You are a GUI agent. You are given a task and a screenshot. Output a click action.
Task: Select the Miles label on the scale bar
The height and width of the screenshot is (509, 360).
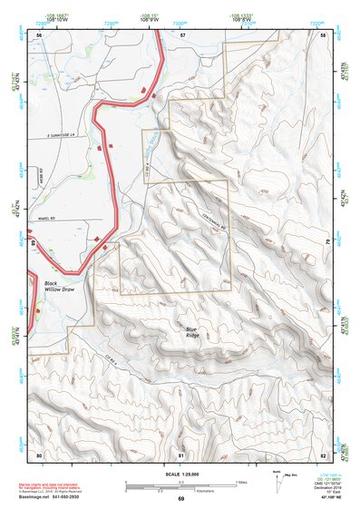[x=239, y=481]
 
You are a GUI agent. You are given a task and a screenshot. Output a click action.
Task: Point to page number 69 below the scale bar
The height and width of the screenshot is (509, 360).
[x=180, y=500]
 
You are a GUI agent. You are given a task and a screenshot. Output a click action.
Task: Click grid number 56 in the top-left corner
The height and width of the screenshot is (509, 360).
[x=39, y=34]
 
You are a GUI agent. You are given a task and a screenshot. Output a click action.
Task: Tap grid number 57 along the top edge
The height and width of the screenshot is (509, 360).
[x=182, y=34]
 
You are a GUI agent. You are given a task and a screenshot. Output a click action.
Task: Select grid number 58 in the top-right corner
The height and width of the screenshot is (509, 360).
[x=323, y=34]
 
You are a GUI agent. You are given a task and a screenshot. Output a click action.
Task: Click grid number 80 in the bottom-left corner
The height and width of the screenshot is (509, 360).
[x=39, y=454]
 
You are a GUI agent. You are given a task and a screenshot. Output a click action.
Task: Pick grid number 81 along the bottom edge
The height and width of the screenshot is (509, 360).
[x=180, y=454]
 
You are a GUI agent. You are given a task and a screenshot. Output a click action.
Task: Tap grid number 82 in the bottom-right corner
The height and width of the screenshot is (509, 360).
[x=323, y=454]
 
